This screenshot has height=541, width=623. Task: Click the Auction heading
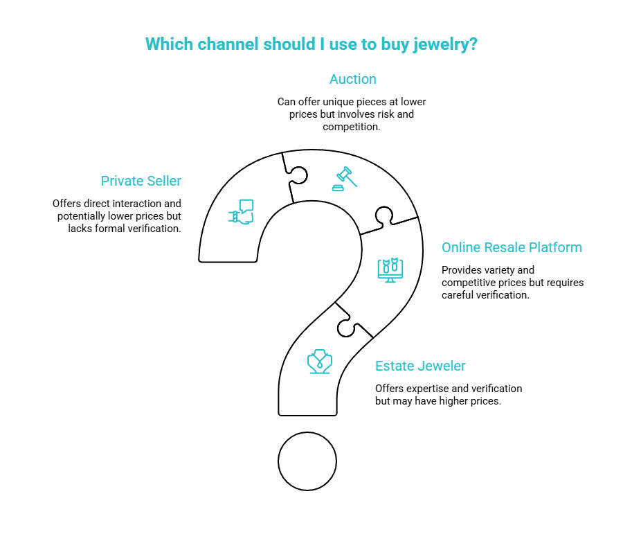(x=353, y=79)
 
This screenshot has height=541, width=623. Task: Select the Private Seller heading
(x=141, y=181)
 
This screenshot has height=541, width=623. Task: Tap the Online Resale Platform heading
(x=512, y=247)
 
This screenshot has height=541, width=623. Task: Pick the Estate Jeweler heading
(x=420, y=366)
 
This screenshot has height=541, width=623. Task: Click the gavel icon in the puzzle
(x=345, y=179)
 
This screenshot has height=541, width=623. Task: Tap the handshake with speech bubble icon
(x=241, y=212)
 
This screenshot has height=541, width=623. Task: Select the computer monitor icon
(x=390, y=270)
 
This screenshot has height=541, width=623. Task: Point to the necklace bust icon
(x=319, y=362)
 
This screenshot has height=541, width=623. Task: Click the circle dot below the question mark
(x=307, y=461)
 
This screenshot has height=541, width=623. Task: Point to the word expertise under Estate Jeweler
(x=426, y=389)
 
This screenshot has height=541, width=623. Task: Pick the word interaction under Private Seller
(x=138, y=204)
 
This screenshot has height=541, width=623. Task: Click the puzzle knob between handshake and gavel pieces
(x=298, y=175)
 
